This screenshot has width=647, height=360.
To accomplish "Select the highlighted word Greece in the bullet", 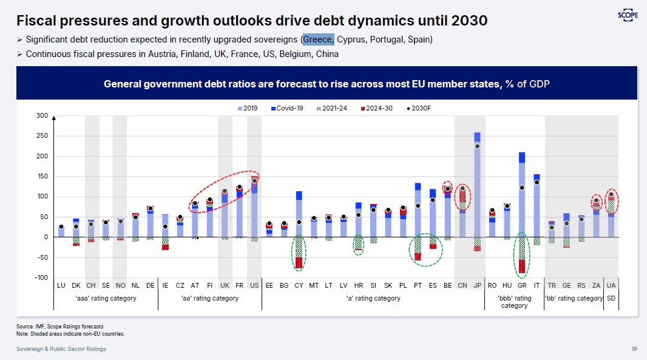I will click(318, 39).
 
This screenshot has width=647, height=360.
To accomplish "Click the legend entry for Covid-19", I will click(290, 108).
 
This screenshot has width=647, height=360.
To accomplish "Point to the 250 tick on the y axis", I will click(42, 136).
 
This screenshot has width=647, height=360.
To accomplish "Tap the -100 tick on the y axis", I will click(40, 277).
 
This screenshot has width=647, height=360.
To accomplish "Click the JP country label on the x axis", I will click(477, 285).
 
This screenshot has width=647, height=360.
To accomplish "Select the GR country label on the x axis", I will click(521, 285).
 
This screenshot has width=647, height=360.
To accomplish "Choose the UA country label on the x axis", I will click(611, 285).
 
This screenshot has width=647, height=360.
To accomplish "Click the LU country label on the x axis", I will click(61, 285).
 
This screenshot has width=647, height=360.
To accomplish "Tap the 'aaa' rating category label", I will click(106, 298).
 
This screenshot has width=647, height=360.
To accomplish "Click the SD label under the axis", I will click(611, 298).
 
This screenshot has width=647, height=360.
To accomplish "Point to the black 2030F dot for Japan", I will click(477, 146).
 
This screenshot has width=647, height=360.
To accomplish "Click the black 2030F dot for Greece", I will click(521, 188).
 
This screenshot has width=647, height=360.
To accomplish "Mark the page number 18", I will click(634, 349).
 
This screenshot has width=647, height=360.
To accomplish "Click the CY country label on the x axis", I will click(299, 285).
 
